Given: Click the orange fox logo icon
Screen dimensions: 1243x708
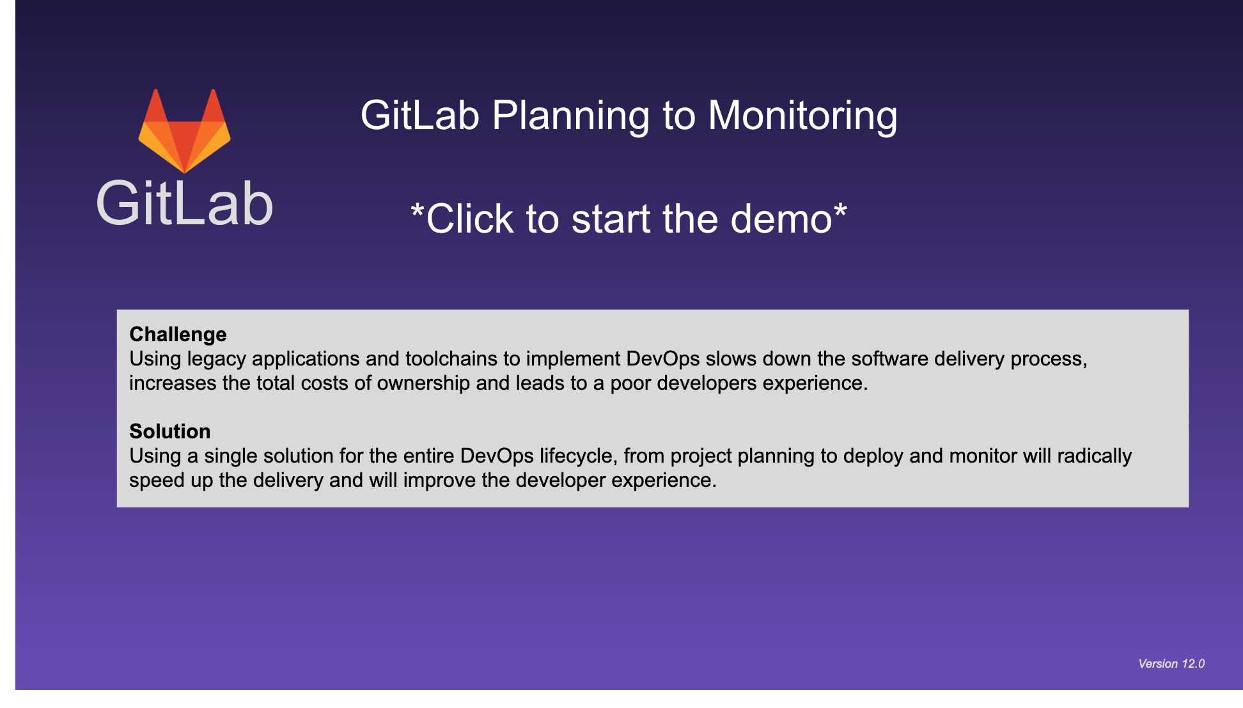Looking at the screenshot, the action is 184,131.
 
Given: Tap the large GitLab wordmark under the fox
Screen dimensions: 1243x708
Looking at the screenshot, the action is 185,204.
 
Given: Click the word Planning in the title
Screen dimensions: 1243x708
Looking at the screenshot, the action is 570,116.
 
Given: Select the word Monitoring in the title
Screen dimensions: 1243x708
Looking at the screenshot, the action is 802,116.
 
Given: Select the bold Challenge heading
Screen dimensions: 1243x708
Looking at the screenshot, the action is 178,334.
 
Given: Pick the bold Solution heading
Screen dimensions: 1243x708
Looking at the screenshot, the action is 169,431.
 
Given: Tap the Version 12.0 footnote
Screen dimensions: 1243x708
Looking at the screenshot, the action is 1171,663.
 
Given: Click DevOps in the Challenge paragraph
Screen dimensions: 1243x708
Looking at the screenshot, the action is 663,359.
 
